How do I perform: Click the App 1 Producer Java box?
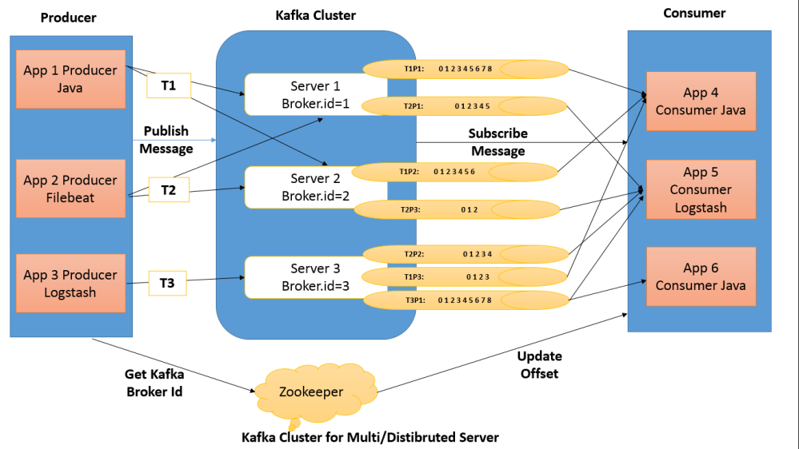click(x=71, y=79)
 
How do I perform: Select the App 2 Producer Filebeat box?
click(x=71, y=189)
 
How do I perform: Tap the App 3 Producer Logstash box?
click(x=71, y=283)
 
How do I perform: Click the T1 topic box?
click(x=169, y=85)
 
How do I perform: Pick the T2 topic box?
click(x=169, y=190)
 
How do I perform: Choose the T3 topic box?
click(x=167, y=283)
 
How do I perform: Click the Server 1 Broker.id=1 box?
click(x=315, y=95)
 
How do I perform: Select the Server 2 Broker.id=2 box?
click(x=315, y=187)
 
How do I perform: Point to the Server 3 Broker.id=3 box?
click(x=315, y=277)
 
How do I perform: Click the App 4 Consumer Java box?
click(x=701, y=101)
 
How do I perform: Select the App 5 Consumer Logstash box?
click(x=701, y=189)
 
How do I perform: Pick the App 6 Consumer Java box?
click(x=701, y=276)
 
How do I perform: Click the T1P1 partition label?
click(x=414, y=69)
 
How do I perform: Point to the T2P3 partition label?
click(x=410, y=209)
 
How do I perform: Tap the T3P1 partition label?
click(x=415, y=300)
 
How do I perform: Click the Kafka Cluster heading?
click(x=315, y=15)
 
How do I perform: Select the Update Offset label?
click(x=540, y=364)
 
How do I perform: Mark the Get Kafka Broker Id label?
click(x=154, y=383)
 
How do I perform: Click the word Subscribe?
click(x=497, y=133)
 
